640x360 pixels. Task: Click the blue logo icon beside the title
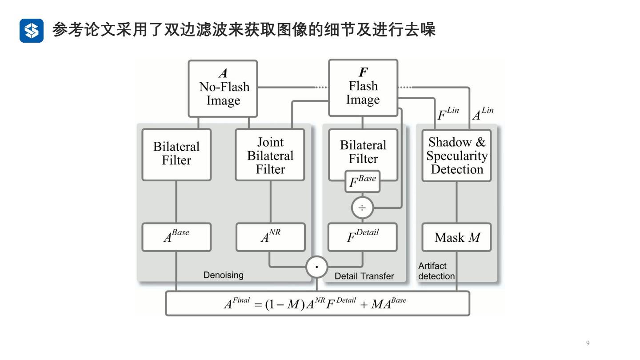pos(32,31)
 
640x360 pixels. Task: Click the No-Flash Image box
pos(223,89)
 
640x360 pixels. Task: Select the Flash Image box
pos(363,88)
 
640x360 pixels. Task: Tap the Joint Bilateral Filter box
pos(270,155)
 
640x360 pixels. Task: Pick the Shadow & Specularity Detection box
pos(456,156)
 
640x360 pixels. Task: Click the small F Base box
pos(363,181)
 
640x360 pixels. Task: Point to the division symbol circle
pos(362,208)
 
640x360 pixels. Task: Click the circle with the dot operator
pos(317,267)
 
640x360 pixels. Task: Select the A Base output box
pos(176,237)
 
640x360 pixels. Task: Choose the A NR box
pos(271,237)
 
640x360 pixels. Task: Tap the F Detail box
pos(363,237)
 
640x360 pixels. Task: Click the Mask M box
pos(457,237)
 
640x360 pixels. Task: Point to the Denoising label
pos(224,275)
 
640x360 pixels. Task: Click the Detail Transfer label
pos(364,276)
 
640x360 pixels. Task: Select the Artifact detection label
pos(436,271)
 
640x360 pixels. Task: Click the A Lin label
pos(482,114)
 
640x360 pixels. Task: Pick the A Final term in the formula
pos(236,304)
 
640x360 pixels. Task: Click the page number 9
pos(588,343)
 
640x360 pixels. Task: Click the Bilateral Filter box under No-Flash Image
pos(176,154)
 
